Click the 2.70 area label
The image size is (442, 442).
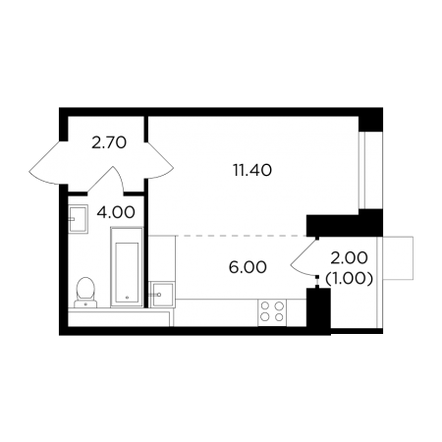point(109,143)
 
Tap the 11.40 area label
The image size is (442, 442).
point(252,170)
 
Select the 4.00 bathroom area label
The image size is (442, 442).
point(116,212)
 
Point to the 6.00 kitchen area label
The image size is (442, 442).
point(248,267)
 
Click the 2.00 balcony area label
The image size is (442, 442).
point(349,258)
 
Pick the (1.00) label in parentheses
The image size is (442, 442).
point(349,279)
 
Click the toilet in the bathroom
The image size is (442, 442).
point(85,293)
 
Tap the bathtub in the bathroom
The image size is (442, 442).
point(127,267)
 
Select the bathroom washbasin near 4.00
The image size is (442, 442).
point(79,219)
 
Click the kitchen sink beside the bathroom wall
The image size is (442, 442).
point(161,295)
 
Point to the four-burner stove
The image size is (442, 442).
point(272,312)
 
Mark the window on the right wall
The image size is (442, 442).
point(370,170)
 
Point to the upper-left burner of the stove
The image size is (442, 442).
point(265,305)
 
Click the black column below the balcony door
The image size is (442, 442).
point(318,307)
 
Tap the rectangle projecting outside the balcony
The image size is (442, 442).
point(398,258)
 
